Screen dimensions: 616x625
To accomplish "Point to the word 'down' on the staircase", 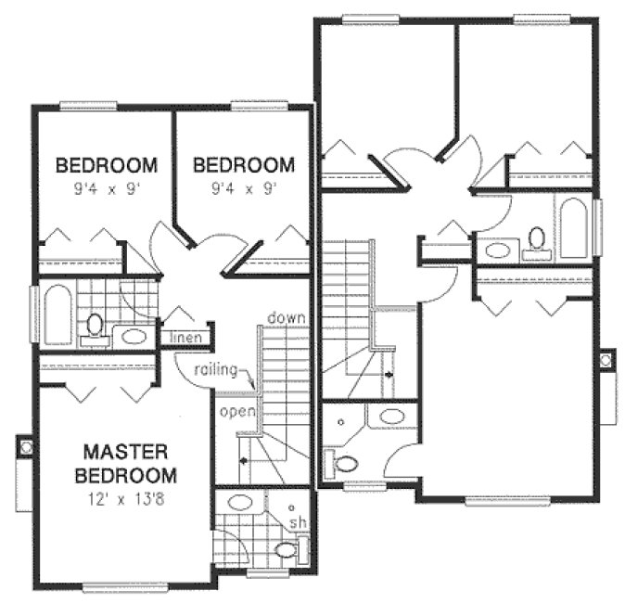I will (x=287, y=318).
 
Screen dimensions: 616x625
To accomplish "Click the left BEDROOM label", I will (x=107, y=166).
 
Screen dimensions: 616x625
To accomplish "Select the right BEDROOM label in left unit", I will (x=243, y=166).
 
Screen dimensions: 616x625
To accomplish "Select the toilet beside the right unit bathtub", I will (x=535, y=241).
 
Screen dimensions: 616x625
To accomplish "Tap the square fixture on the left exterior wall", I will (x=25, y=447).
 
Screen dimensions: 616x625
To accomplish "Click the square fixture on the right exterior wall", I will (x=606, y=358).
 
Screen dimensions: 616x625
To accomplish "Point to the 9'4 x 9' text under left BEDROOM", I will (x=107, y=188).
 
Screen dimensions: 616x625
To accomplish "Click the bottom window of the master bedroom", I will (x=125, y=585).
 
